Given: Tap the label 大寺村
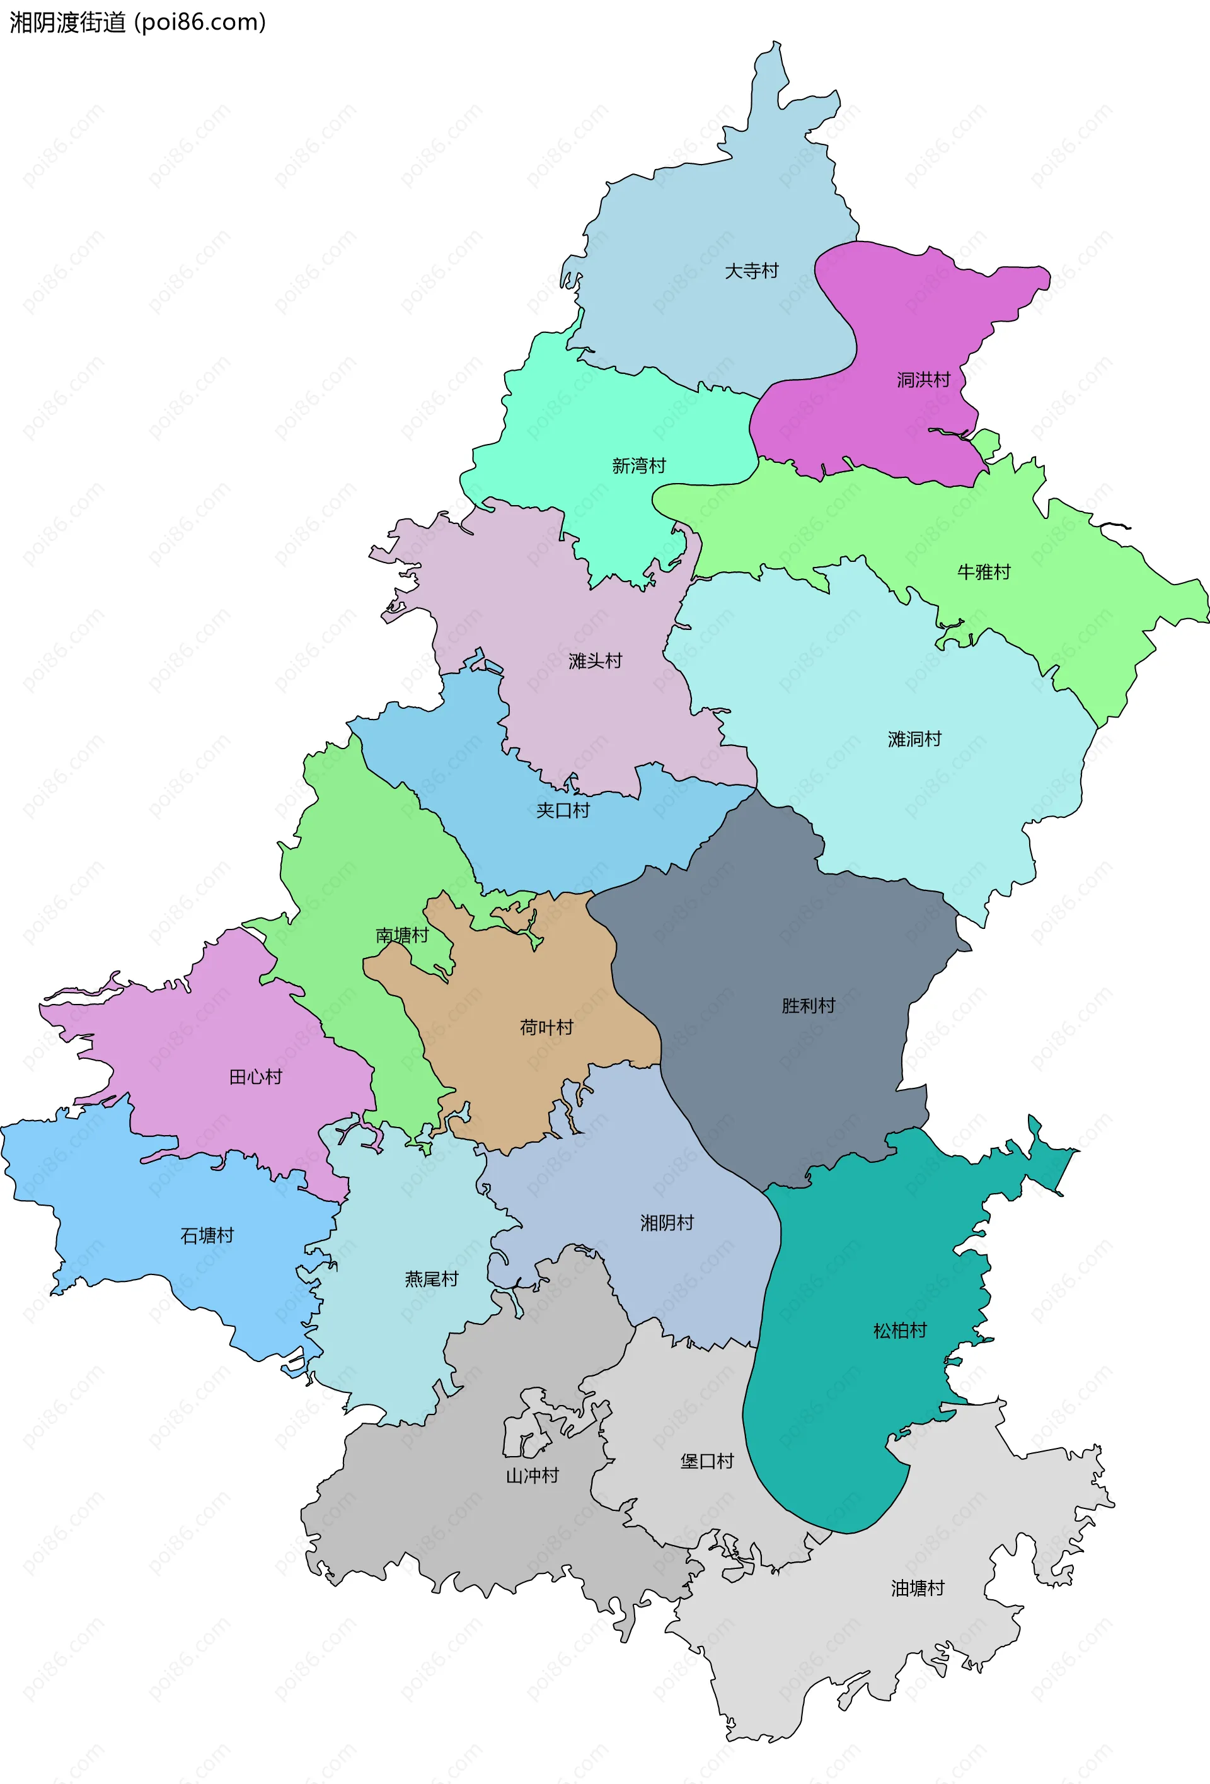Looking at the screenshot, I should pos(751,271).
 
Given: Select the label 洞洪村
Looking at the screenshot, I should pos(923,379).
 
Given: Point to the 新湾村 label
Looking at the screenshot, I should pos(638,466).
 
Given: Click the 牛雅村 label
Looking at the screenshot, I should pos(983,572).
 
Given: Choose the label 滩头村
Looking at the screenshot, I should pos(595,661).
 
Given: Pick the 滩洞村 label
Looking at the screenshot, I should pos(914,739).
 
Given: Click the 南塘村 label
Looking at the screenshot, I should pos(401,935).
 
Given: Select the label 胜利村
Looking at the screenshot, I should pos(808,1006).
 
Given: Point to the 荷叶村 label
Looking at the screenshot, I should pos(546,1027).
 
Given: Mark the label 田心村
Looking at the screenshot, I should pos(255,1077).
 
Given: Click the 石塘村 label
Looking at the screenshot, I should pos(207,1235).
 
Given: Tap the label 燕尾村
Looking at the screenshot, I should pos(431,1279).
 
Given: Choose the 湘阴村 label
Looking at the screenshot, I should pos(667,1223).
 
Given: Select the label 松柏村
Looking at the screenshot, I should pos(899,1331).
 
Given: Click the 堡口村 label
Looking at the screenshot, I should pos(706,1461).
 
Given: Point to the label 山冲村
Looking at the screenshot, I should pos(532,1476).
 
